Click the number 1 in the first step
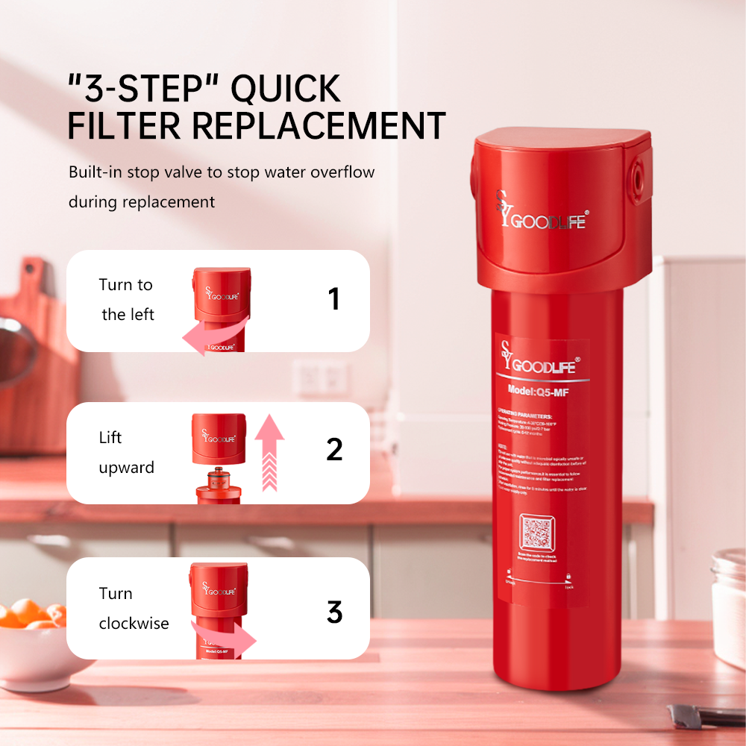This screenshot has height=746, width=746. point(333,299)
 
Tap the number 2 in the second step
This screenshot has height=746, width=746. point(334,450)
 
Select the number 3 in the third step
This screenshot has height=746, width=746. point(334,612)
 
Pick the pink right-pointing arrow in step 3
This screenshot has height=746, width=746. point(228,636)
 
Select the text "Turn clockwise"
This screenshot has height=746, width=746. point(134,608)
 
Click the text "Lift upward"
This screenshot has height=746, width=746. point(126,452)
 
